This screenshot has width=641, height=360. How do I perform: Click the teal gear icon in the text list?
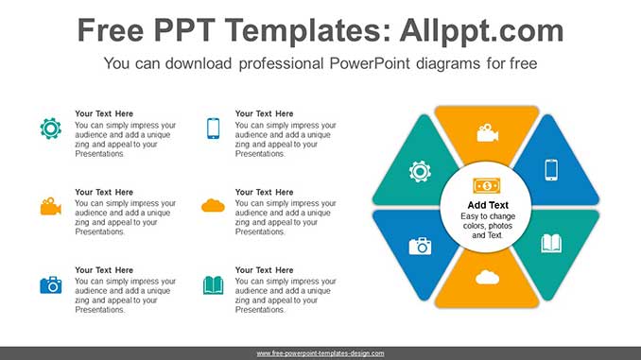[x=51, y=129]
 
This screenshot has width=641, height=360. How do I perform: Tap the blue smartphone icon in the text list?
[x=213, y=129]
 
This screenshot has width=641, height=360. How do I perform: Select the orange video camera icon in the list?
[x=51, y=206]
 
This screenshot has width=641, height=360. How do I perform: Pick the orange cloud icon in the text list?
[x=213, y=206]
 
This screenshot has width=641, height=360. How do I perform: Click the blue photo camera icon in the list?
[x=51, y=284]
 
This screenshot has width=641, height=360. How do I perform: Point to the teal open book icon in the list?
[x=213, y=285]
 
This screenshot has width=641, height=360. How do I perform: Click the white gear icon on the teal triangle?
[x=420, y=171]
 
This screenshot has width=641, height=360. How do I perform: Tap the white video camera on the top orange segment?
[x=487, y=133]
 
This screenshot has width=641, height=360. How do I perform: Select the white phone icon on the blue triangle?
[x=551, y=169]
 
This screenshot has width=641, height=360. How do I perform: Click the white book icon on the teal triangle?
[x=551, y=244]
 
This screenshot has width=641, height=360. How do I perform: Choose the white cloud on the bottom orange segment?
[x=487, y=278]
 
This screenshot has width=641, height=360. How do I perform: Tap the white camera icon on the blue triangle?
[x=421, y=246]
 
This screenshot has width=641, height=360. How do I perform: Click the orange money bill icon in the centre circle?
[x=487, y=186]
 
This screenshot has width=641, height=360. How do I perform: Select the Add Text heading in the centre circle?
[x=488, y=205]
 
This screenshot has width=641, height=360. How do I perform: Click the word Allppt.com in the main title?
[x=481, y=31]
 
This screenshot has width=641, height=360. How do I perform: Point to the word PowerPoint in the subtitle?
[x=370, y=63]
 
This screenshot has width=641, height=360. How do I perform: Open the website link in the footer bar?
[x=320, y=353]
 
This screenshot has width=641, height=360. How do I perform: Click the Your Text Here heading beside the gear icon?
[x=104, y=113]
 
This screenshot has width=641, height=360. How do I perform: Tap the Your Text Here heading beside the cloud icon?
[x=264, y=192]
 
